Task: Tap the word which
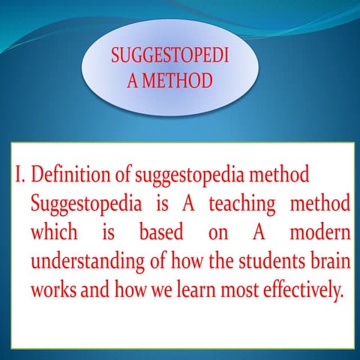[x=53, y=232]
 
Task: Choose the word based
[x=161, y=232]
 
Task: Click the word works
[x=52, y=289]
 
